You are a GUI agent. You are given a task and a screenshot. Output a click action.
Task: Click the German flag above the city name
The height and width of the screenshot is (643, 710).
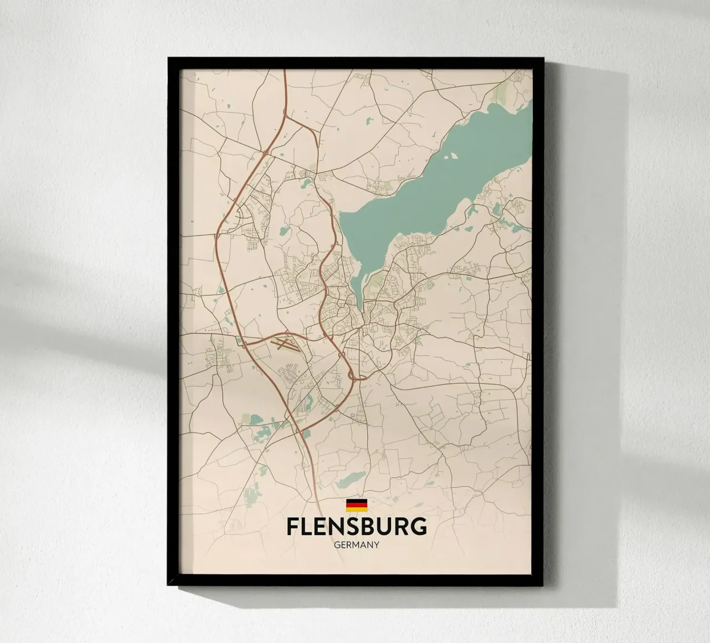357,504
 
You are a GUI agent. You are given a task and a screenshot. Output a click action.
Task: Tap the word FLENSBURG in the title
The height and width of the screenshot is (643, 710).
357,527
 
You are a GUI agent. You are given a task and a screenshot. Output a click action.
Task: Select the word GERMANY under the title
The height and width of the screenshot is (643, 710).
357,545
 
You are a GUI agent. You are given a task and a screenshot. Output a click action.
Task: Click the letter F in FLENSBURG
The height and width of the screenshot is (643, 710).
293,527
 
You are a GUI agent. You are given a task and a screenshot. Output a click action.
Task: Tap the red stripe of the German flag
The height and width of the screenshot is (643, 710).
357,504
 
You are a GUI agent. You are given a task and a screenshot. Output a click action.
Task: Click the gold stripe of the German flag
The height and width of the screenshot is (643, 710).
357,508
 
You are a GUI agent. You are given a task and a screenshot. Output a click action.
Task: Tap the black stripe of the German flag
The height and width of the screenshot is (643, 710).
357,501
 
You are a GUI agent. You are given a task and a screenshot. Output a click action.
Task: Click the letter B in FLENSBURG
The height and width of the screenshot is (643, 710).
373,527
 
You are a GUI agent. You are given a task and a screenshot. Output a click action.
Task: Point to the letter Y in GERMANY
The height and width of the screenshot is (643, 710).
376,545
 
